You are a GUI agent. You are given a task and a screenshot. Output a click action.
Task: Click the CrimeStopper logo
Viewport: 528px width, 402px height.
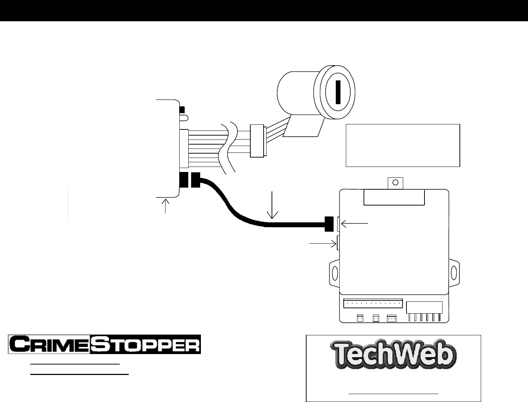pyautogui.click(x=105, y=344)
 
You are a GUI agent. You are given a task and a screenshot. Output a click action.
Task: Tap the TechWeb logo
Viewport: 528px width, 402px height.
pyautogui.click(x=393, y=355)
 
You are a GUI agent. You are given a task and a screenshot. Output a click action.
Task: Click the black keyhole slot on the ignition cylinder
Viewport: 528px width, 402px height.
pyautogui.click(x=338, y=92)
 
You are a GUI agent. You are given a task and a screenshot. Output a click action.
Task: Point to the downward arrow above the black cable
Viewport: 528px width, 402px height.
pyautogui.click(x=272, y=205)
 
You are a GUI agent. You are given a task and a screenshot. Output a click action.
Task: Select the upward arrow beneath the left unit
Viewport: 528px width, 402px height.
pyautogui.click(x=166, y=206)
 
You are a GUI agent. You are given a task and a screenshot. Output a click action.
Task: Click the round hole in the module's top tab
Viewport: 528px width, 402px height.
pyautogui.click(x=395, y=182)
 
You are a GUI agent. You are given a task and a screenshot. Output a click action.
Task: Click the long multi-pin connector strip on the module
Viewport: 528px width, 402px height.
pyautogui.click(x=373, y=303)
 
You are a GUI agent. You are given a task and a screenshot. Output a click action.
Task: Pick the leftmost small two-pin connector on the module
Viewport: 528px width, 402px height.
pyautogui.click(x=360, y=318)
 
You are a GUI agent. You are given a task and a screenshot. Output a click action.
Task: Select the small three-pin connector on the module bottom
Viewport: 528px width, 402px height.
pyautogui.click(x=391, y=318)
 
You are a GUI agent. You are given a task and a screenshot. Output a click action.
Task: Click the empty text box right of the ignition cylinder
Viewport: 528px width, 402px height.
pyautogui.click(x=403, y=145)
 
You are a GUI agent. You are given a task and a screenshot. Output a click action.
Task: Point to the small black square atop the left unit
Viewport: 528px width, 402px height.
pyautogui.click(x=182, y=109)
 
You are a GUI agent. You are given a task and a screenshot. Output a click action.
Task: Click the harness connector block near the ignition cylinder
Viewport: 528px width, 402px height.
pyautogui.click(x=257, y=141)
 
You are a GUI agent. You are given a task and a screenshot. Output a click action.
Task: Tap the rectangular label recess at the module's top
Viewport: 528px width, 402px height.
pyautogui.click(x=394, y=197)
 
